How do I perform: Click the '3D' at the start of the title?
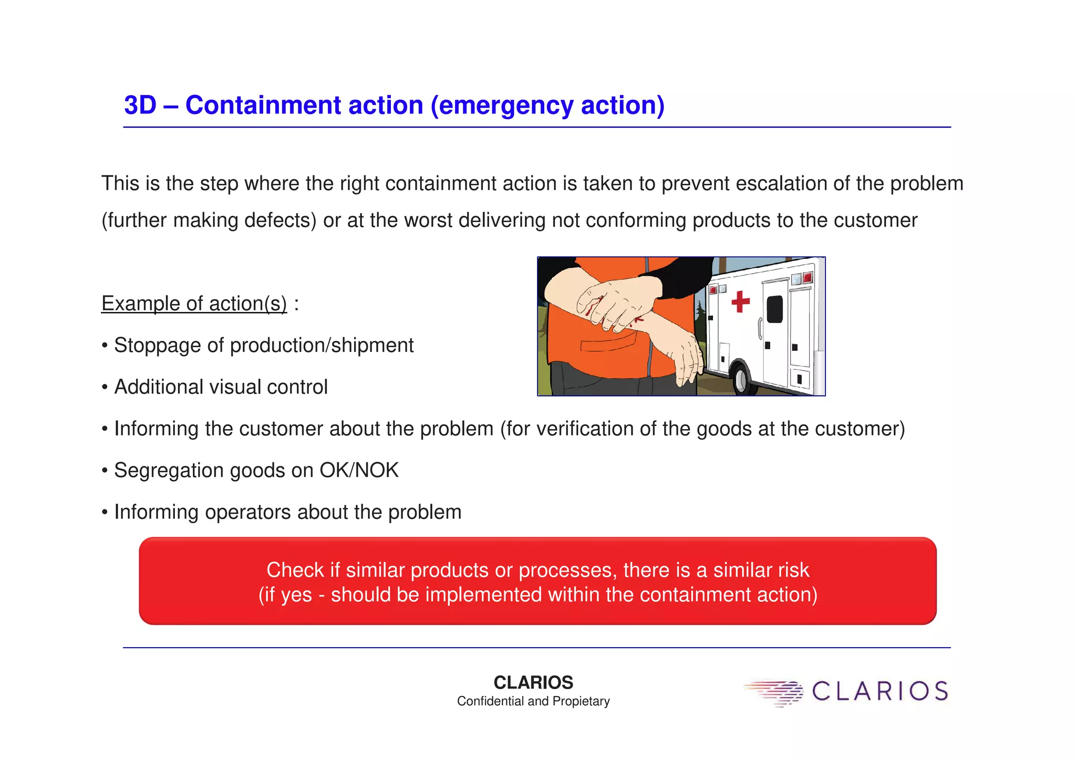click(x=140, y=105)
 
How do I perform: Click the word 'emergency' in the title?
click(x=505, y=105)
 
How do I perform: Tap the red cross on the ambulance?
click(x=740, y=301)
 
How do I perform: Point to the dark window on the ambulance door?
click(x=774, y=309)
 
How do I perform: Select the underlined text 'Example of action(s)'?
click(x=194, y=304)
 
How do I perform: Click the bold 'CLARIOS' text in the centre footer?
click(x=533, y=682)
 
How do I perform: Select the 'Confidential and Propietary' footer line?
click(x=533, y=701)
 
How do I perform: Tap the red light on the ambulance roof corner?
click(x=808, y=277)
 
